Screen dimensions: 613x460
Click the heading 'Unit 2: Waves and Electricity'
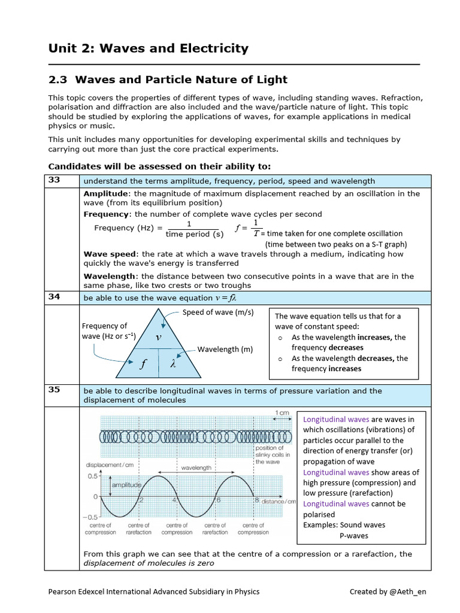[x=148, y=48]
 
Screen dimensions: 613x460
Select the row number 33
[x=55, y=180]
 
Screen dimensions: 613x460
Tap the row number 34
[x=55, y=297]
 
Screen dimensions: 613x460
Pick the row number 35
[x=55, y=390]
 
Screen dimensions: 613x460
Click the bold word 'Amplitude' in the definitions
[x=106, y=194]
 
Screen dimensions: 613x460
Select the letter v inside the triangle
[x=159, y=337]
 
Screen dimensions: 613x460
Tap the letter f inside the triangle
[x=143, y=364]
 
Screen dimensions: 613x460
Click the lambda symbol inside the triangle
[x=174, y=364]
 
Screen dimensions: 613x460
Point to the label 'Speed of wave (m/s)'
[x=218, y=312]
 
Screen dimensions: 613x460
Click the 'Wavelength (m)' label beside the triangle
[x=225, y=350]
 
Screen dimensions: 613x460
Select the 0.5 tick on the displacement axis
[x=92, y=477]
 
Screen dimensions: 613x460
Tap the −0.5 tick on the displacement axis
[x=90, y=517]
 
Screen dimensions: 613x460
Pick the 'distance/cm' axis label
[x=279, y=501]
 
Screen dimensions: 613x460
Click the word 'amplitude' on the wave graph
[x=126, y=484]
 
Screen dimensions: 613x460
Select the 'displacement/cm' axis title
[x=110, y=465]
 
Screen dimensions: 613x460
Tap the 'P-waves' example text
[x=354, y=535]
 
